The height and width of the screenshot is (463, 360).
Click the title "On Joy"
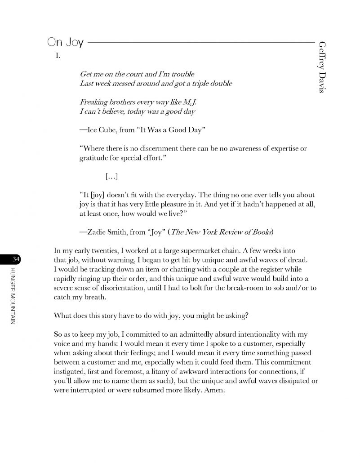click(x=64, y=43)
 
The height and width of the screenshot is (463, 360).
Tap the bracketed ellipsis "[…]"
click(x=112, y=177)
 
